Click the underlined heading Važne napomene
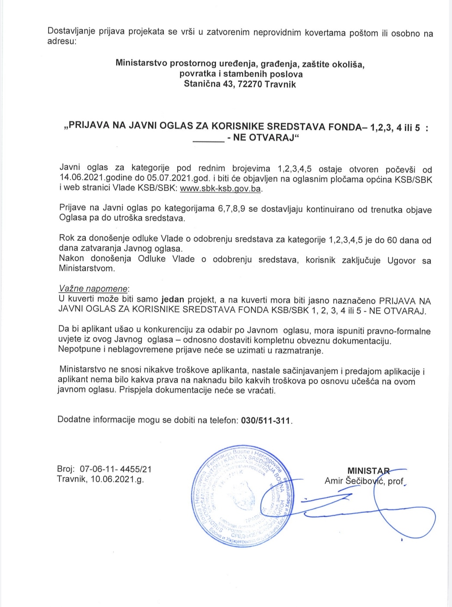pyautogui.click(x=93, y=289)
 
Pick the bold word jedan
pyautogui.click(x=172, y=300)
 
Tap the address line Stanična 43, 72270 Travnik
pyautogui.click(x=240, y=84)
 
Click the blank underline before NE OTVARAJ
pyautogui.click(x=208, y=139)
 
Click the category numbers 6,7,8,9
pyautogui.click(x=231, y=209)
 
